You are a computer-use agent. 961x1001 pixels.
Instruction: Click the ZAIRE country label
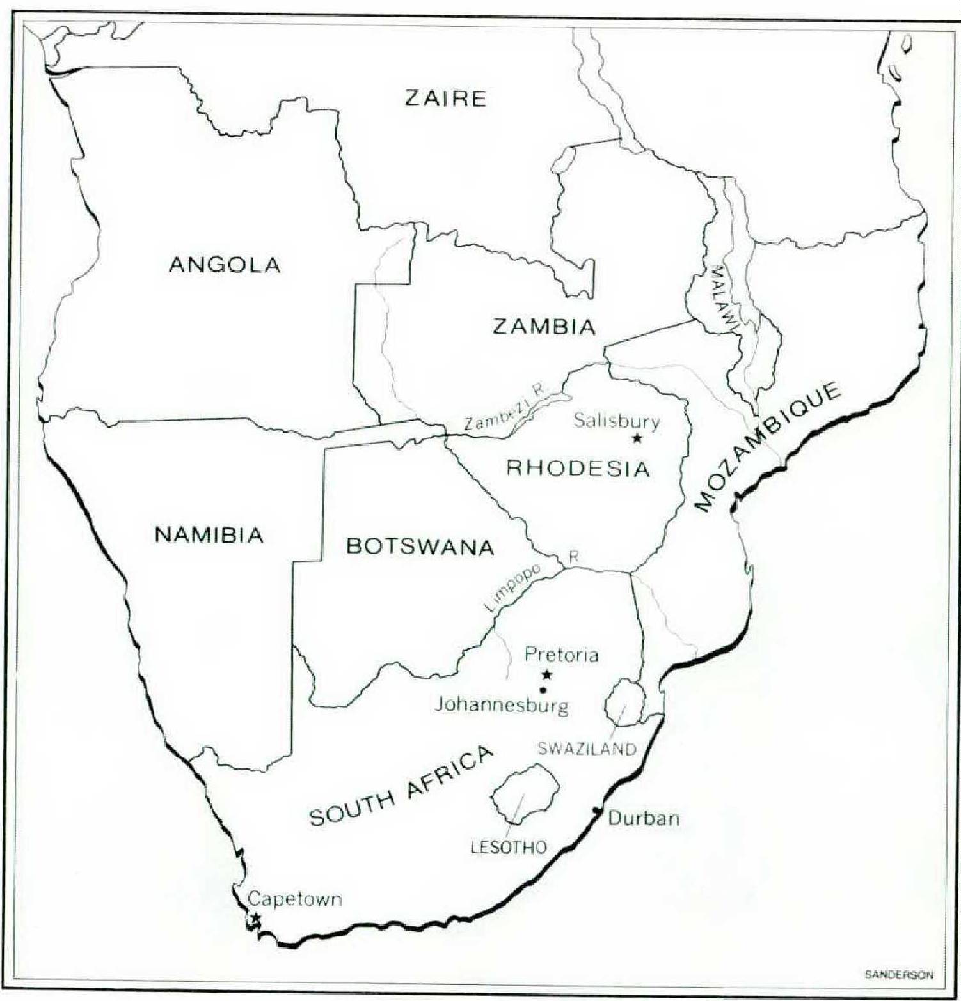click(445, 98)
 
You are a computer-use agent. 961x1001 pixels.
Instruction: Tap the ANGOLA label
click(225, 264)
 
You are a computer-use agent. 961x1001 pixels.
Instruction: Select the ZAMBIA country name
click(544, 327)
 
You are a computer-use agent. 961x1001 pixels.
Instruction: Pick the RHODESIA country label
click(578, 468)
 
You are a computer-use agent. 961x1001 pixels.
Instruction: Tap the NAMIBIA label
click(209, 534)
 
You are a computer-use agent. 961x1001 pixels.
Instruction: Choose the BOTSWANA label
click(420, 547)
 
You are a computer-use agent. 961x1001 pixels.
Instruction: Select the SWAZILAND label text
click(587, 749)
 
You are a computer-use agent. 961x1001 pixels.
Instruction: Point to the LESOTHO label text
click(509, 848)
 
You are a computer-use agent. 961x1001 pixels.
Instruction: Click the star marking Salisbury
click(637, 438)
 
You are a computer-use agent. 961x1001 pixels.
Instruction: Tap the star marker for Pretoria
click(546, 674)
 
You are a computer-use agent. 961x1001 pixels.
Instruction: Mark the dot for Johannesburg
click(543, 690)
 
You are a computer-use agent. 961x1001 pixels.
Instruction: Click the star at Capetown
click(256, 918)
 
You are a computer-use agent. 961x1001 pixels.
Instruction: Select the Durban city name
click(644, 818)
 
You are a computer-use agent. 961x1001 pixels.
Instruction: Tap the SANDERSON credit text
click(898, 975)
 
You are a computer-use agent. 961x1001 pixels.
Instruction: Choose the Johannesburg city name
click(502, 706)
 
